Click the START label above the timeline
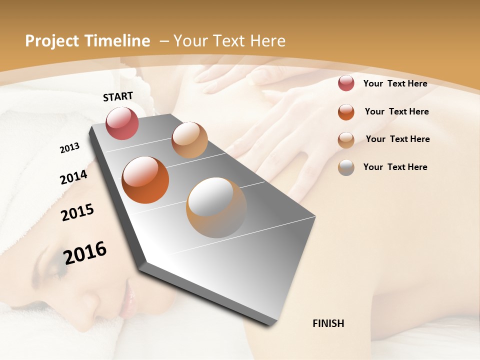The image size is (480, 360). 118,96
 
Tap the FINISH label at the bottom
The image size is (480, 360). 328,323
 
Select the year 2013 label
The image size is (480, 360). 69,148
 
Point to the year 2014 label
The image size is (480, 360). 73,177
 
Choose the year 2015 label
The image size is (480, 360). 77,212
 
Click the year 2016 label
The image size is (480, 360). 85,253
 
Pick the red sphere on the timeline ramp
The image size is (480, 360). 122,123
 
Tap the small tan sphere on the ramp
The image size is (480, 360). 189,140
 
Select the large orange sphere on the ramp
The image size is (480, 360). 145,180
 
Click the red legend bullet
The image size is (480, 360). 346,83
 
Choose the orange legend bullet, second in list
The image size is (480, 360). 346,111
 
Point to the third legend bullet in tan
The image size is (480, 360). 346,139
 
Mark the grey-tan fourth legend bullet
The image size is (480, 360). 346,167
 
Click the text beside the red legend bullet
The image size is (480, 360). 395,83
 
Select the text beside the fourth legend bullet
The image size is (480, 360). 395,167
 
